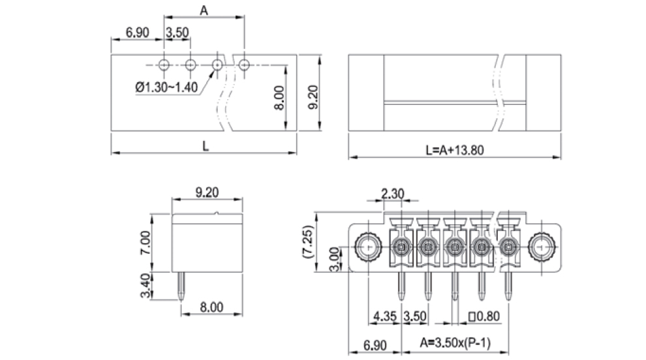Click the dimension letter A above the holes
click(204, 10)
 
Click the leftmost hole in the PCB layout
click(164, 65)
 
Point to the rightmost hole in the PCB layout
click(244, 65)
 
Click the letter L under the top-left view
click(205, 147)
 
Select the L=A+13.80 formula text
click(454, 149)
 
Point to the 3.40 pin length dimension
click(145, 284)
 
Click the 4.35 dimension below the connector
click(384, 316)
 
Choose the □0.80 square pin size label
click(484, 316)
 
